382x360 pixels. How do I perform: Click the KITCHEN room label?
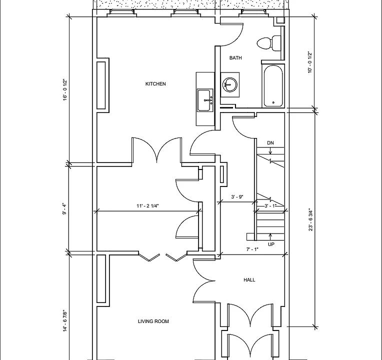(x=155, y=84)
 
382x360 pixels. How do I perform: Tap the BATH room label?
(x=235, y=57)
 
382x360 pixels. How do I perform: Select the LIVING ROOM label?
(x=153, y=321)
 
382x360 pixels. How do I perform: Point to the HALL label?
(x=249, y=279)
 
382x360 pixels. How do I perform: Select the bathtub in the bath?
(x=273, y=86)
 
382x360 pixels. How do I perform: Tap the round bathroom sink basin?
(x=230, y=85)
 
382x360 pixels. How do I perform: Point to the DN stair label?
(x=270, y=143)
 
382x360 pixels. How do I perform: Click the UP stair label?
(x=271, y=244)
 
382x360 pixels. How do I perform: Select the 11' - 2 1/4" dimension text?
(x=147, y=206)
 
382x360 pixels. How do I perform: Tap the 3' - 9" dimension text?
(x=237, y=197)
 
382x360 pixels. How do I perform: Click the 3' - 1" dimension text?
(x=270, y=206)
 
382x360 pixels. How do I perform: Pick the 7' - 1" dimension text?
(x=252, y=249)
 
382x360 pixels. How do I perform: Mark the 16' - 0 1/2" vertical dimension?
(x=65, y=89)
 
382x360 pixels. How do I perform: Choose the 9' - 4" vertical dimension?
(x=64, y=208)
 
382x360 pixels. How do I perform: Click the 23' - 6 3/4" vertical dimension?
(x=310, y=219)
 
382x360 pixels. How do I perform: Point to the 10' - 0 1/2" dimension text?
(x=309, y=62)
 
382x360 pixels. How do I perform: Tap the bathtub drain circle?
(x=273, y=102)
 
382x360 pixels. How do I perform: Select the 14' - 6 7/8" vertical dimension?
(x=65, y=321)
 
